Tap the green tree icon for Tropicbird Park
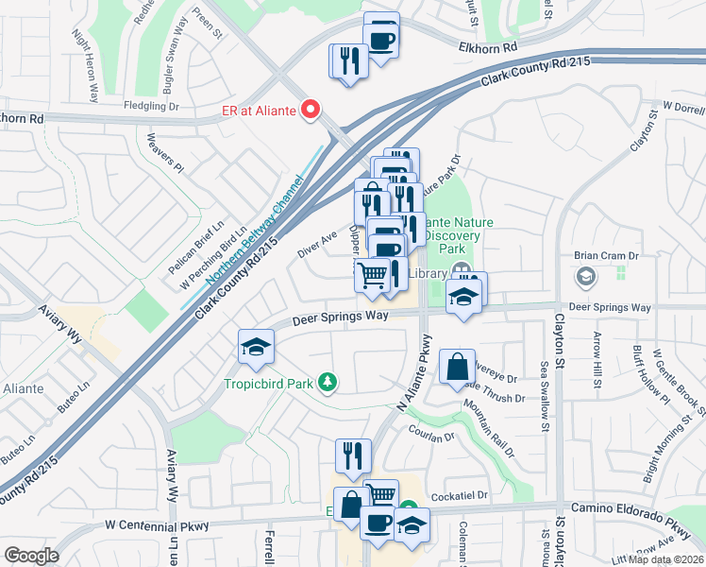pos(328,382)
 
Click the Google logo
pos(31,556)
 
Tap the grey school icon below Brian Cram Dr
pos(585,276)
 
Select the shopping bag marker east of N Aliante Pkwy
pos(457,367)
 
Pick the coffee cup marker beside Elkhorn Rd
pos(381,40)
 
